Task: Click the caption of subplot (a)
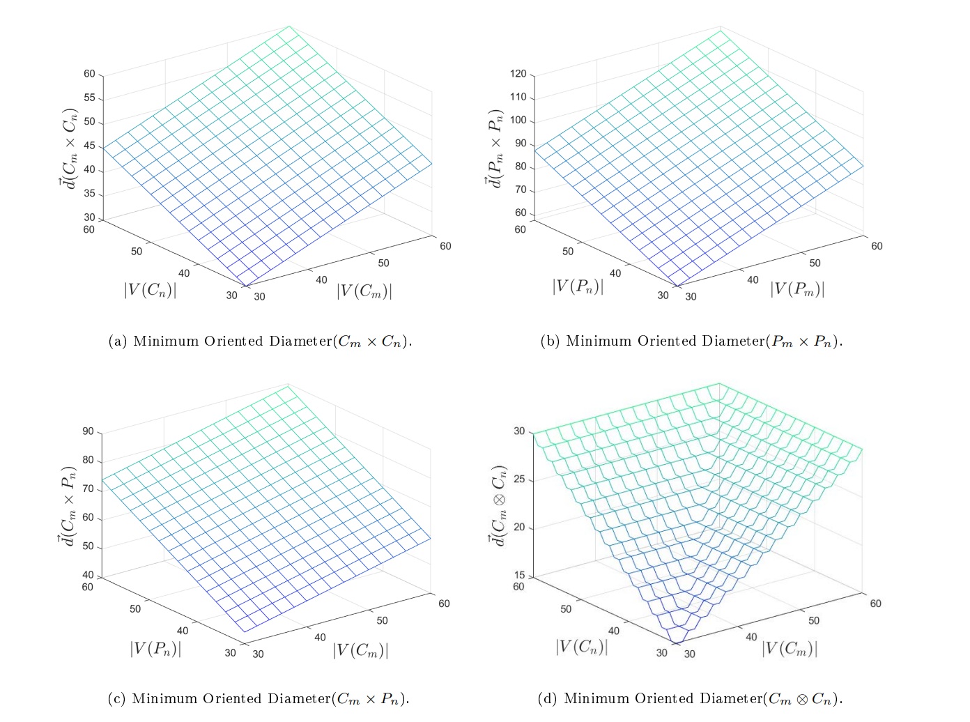[261, 341]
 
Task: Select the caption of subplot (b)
[691, 341]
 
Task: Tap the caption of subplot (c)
[259, 699]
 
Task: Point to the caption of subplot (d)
[690, 699]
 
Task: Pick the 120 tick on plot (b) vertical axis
[518, 74]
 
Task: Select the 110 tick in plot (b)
[518, 98]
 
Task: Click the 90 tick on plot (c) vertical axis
[88, 432]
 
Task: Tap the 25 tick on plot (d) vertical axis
[519, 480]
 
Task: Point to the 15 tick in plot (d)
[519, 576]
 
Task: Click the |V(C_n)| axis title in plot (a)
[150, 289]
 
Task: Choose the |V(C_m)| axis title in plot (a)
[364, 290]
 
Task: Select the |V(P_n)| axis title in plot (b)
[578, 286]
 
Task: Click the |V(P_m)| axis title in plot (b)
[797, 289]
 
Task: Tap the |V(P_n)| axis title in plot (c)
[155, 649]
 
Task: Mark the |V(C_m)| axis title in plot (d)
[789, 649]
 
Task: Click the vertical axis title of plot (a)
[69, 150]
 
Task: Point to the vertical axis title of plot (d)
[500, 505]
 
